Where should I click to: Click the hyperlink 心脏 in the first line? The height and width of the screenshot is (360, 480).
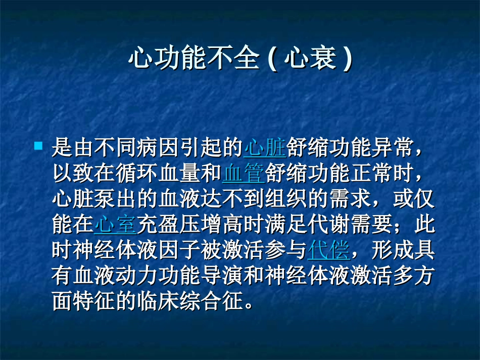[x=264, y=148]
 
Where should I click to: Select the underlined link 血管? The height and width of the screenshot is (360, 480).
[x=243, y=173]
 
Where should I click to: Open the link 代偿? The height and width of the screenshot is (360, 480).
[x=328, y=249]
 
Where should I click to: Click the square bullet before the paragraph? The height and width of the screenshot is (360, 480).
[x=38, y=146]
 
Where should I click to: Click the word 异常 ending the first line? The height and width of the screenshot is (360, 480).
[x=393, y=148]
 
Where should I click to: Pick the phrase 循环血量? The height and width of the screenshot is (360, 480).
[x=158, y=173]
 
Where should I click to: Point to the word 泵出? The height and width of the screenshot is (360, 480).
[x=116, y=198]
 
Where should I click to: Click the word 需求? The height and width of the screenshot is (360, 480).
[x=349, y=198]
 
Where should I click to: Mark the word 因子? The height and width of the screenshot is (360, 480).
[x=179, y=249]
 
